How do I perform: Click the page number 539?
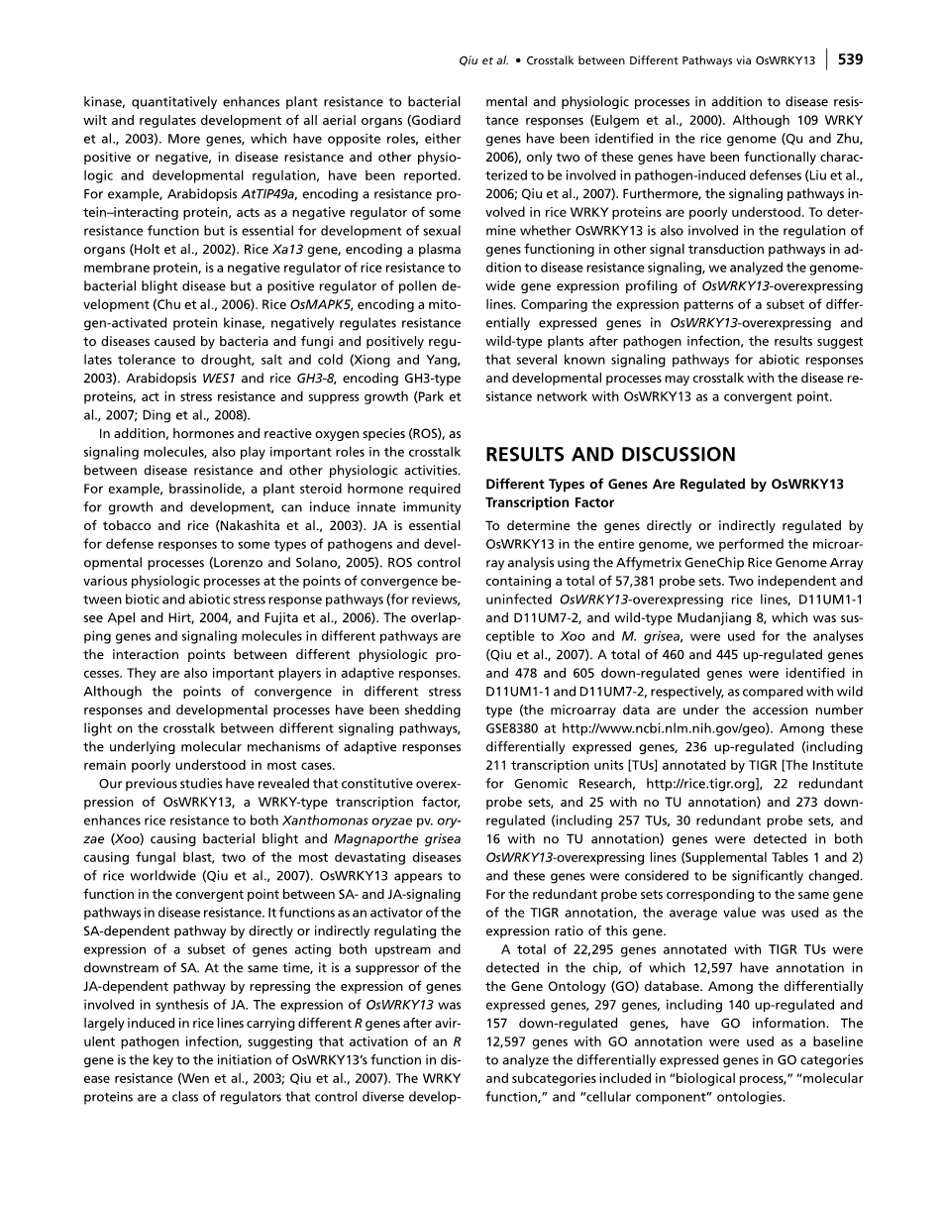(x=850, y=59)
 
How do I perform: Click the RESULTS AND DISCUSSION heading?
(x=610, y=455)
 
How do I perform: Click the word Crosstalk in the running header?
(x=558, y=60)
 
